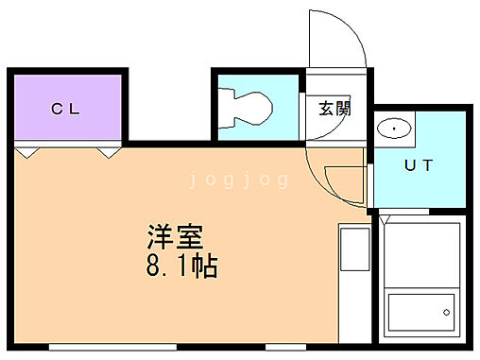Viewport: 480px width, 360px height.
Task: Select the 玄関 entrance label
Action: pos(334,109)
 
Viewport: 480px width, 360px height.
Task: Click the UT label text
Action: pos(419,166)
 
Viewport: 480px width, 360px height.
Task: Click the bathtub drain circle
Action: pos(446,312)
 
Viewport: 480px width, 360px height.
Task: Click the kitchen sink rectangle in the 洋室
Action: pos(354,252)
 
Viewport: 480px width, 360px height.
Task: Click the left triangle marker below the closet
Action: pos(26,151)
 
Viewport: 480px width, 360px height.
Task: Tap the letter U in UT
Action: pos(411,166)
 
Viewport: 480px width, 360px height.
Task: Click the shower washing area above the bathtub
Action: pos(422,255)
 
